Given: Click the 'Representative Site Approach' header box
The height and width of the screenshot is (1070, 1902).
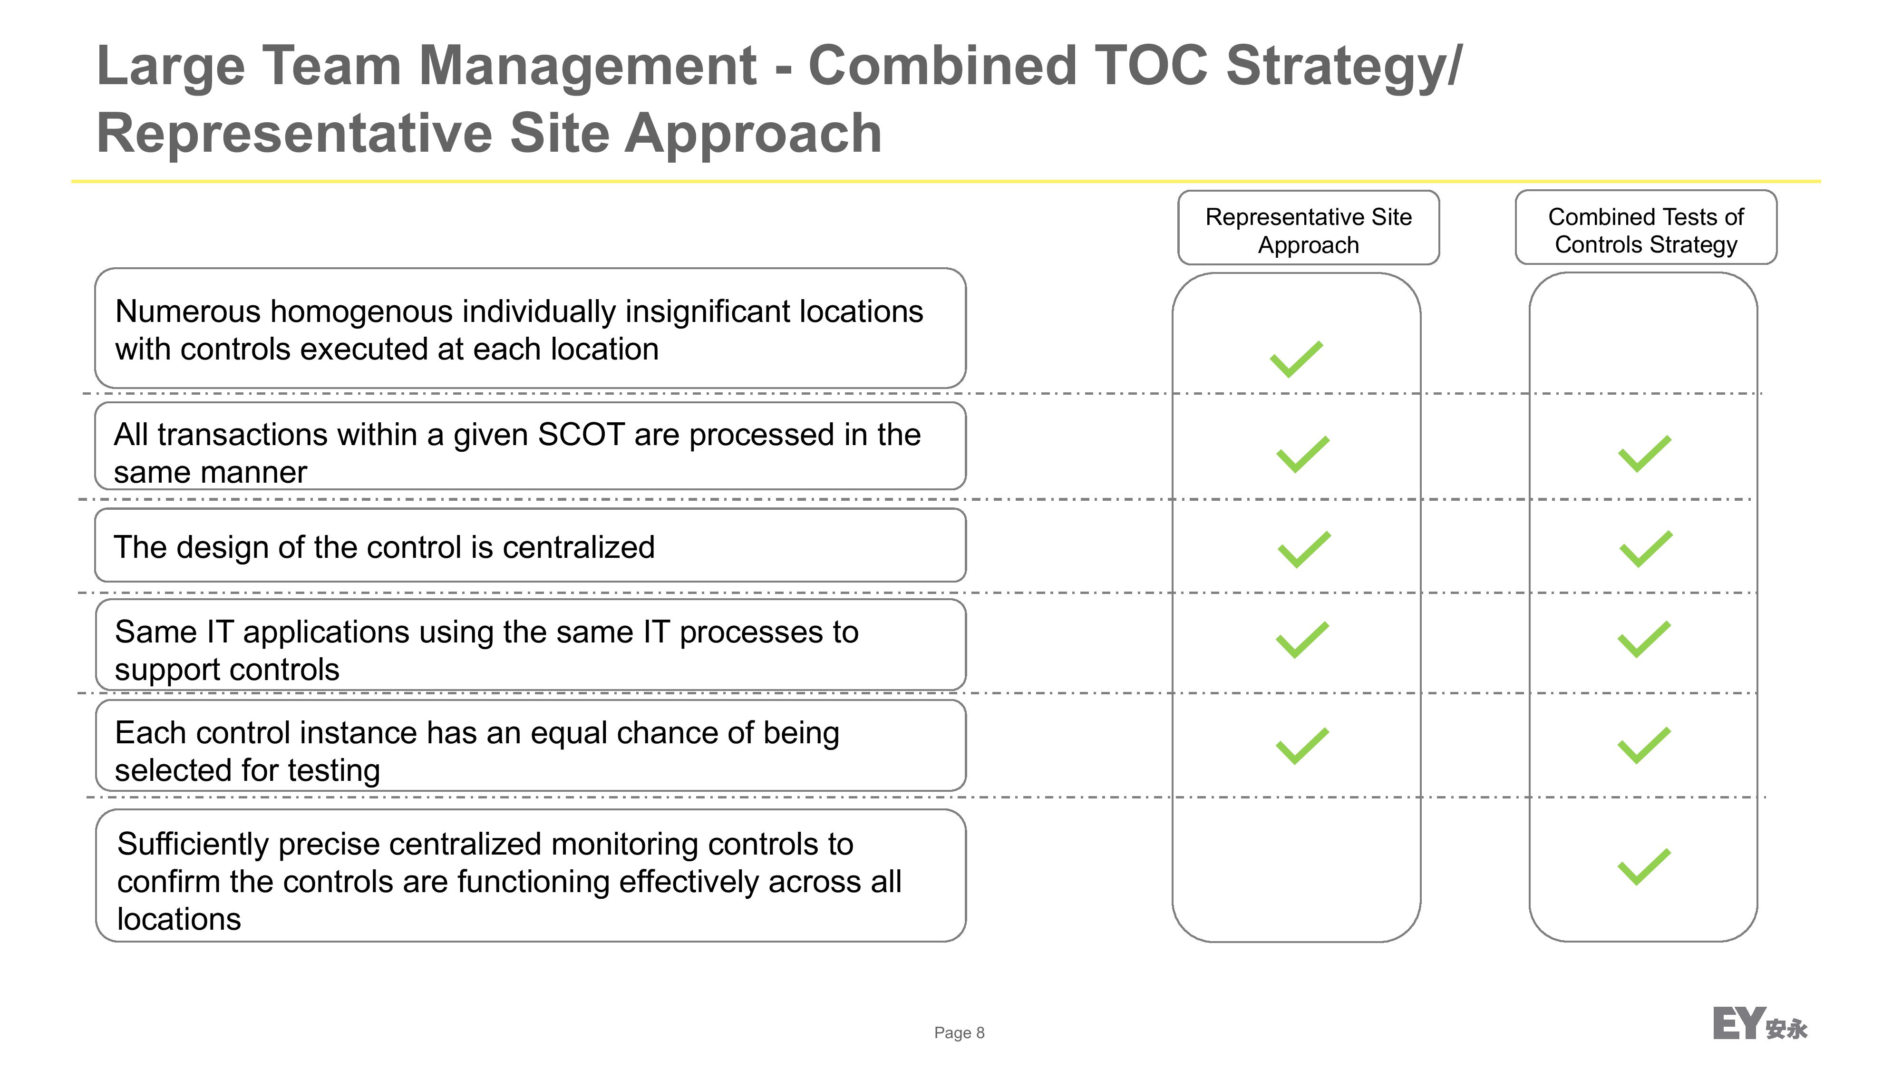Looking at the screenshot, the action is pyautogui.click(x=1309, y=227).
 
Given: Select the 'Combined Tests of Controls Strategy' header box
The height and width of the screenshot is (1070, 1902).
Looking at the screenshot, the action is pyautogui.click(x=1646, y=227).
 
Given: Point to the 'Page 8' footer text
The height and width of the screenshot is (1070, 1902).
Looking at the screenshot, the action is pyautogui.click(x=959, y=1032).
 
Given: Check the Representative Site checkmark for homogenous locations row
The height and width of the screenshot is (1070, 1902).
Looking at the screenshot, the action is pyautogui.click(x=1297, y=359).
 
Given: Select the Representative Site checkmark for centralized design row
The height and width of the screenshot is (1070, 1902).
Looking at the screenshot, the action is pyautogui.click(x=1304, y=549).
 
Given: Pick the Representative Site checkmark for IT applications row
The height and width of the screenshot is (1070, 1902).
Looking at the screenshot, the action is pyautogui.click(x=1302, y=640).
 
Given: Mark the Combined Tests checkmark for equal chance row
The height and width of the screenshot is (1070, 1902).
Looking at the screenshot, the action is pyautogui.click(x=1644, y=746).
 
